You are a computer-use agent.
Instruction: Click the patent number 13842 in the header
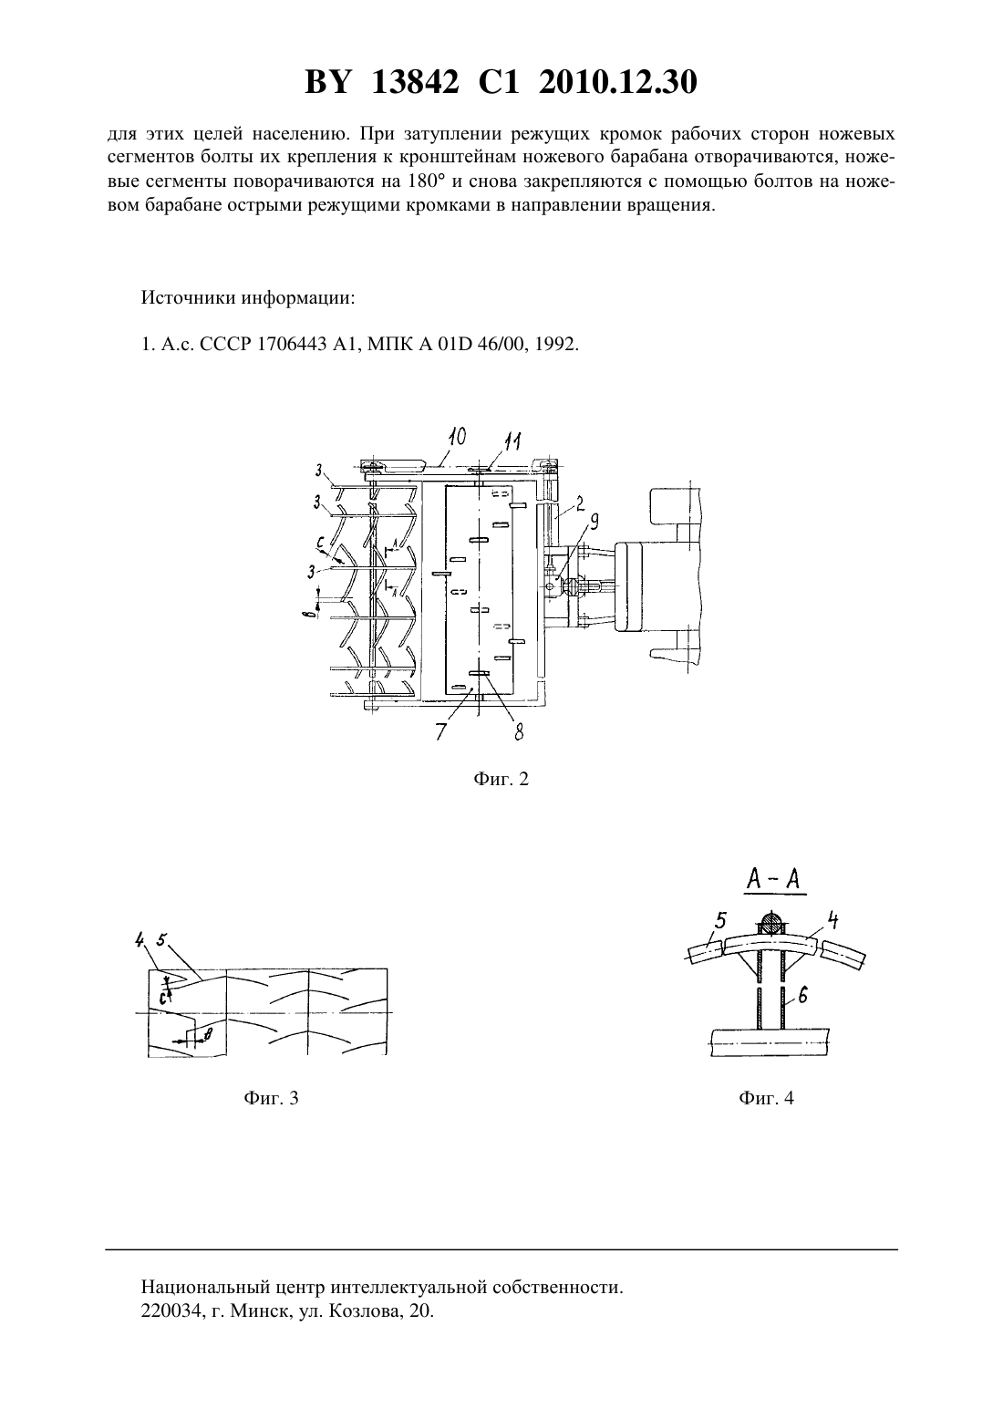(x=415, y=82)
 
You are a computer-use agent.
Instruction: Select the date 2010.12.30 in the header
(x=618, y=82)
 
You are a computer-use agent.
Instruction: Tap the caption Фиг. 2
(x=501, y=779)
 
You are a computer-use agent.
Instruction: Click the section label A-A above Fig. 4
(x=774, y=880)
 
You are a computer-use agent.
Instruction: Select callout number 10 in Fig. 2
(x=456, y=438)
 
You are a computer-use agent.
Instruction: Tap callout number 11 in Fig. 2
(x=512, y=441)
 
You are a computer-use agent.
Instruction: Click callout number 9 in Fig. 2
(x=594, y=522)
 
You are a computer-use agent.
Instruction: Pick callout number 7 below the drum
(x=440, y=731)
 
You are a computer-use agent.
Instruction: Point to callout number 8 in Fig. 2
(x=519, y=732)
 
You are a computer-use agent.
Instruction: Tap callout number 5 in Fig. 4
(x=720, y=920)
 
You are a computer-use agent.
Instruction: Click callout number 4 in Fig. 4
(x=833, y=920)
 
